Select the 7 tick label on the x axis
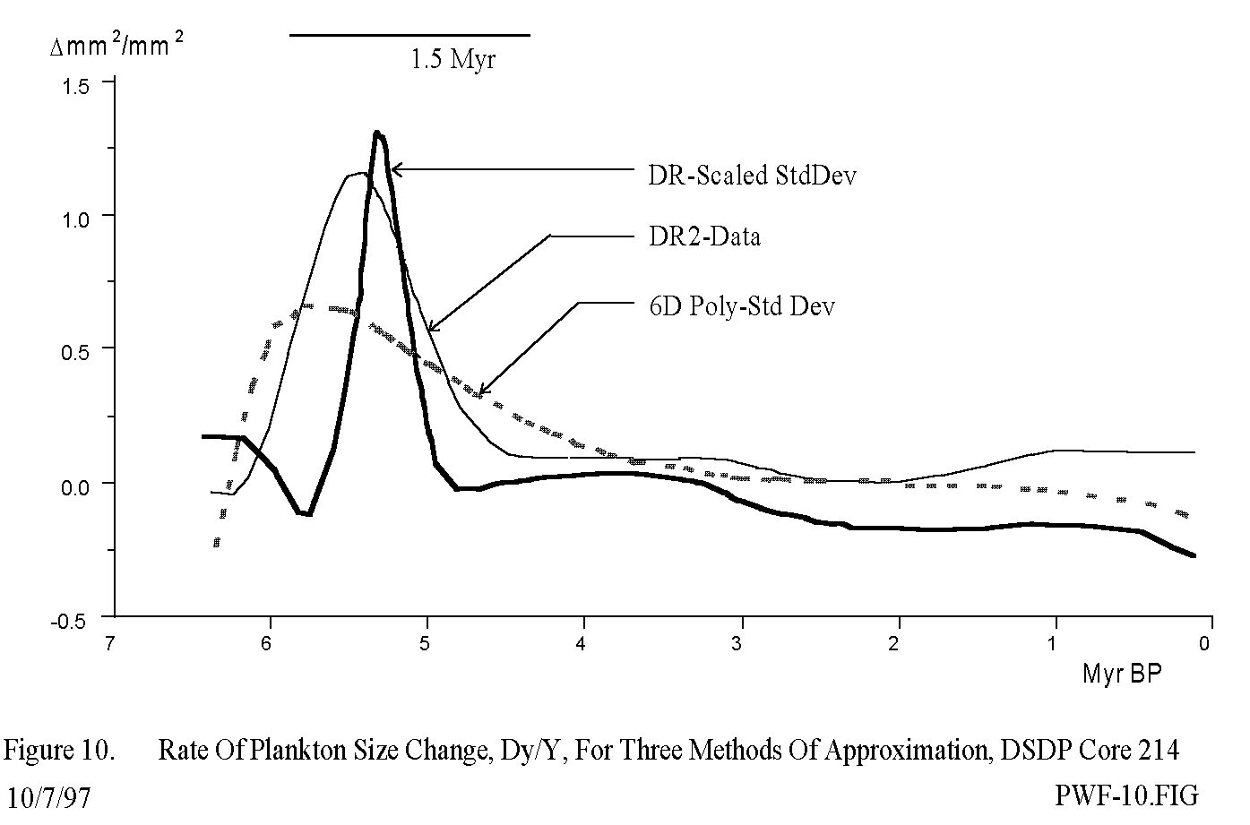point(109,642)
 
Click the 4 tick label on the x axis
point(582,642)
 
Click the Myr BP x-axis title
point(1121,674)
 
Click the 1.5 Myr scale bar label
point(453,60)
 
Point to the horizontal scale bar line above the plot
point(409,35)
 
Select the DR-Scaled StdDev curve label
point(752,175)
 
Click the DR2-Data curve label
point(704,236)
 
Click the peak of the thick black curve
point(377,133)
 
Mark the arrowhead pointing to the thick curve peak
point(395,168)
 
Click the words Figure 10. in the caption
point(59,751)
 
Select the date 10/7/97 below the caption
point(48,796)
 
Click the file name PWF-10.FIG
point(1126,795)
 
